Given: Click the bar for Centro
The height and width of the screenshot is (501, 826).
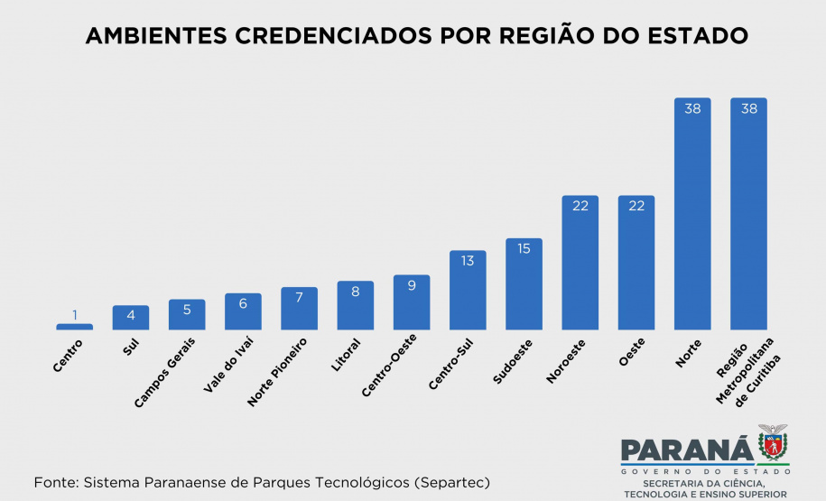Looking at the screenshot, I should pos(74,326).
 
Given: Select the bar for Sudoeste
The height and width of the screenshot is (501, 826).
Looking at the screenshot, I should pos(524,284).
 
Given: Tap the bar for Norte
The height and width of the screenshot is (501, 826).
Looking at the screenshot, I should pos(692,214).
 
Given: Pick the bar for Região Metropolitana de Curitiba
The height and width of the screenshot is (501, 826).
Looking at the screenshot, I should pos(748,214).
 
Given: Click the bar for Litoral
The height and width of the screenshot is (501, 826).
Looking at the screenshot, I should pos(355,306).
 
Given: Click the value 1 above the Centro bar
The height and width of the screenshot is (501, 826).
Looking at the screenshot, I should pos(74,314).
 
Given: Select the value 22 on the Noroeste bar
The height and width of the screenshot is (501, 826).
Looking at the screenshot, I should pos(580,206).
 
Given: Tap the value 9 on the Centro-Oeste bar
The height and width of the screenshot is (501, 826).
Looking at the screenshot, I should pos(412,286).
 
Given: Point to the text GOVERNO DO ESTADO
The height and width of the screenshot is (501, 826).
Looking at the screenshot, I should pos(704,471).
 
